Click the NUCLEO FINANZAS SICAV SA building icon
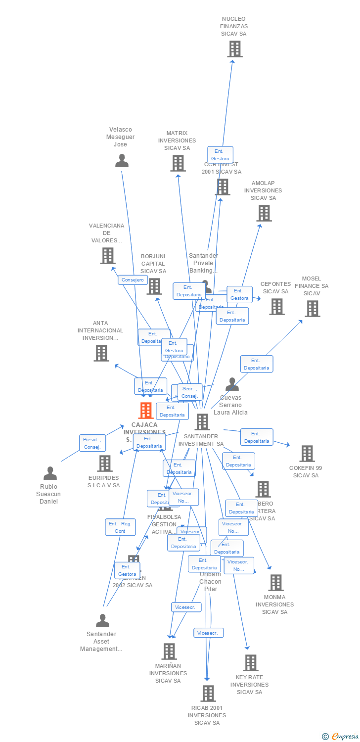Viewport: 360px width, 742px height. (x=235, y=49)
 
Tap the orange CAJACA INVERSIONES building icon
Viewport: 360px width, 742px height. (x=146, y=410)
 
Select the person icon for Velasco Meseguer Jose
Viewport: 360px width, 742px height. (x=122, y=161)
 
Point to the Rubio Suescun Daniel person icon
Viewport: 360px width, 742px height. (x=50, y=473)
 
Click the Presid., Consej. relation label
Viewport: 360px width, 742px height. (x=92, y=443)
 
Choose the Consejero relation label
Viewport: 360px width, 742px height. (x=133, y=280)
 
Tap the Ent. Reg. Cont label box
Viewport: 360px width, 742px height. (x=120, y=527)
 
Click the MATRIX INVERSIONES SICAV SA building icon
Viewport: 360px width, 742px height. (x=178, y=163)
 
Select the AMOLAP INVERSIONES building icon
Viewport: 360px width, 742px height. (x=264, y=213)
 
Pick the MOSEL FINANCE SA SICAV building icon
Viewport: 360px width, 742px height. (x=313, y=309)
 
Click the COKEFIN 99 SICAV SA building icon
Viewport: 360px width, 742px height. (x=307, y=454)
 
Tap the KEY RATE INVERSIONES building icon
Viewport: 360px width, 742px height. (x=251, y=663)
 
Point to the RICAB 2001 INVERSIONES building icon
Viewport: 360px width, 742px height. (x=209, y=694)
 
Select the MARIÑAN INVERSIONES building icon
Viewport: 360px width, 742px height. (x=169, y=651)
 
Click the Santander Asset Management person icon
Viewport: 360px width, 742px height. (x=102, y=621)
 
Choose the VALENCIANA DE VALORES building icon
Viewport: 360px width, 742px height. (x=107, y=256)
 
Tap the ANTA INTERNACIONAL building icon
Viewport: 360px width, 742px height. (x=101, y=353)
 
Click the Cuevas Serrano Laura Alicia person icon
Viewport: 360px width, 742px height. (x=232, y=384)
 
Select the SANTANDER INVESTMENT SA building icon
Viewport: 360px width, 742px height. (x=202, y=422)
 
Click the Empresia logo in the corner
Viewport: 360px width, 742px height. (x=341, y=737)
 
